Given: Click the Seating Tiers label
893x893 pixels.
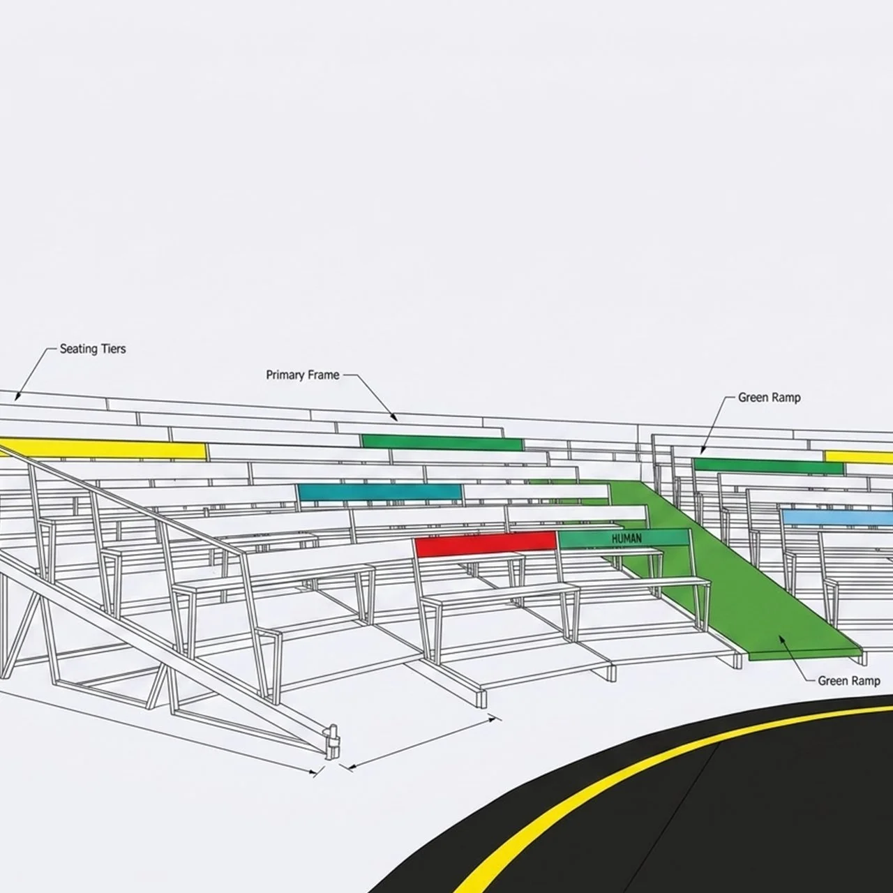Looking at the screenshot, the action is pyautogui.click(x=93, y=349).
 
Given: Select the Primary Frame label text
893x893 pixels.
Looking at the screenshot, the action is pyautogui.click(x=303, y=375).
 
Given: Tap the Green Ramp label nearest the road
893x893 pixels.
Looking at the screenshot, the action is pyautogui.click(x=849, y=681).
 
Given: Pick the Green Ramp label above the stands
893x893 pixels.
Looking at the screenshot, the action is pyautogui.click(x=770, y=398).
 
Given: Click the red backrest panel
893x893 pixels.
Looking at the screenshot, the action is pyautogui.click(x=486, y=544).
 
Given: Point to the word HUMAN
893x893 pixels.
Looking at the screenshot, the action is pyautogui.click(x=626, y=539).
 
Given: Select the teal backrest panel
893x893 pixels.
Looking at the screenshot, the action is pyautogui.click(x=380, y=492).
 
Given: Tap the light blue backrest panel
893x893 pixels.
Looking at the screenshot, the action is pyautogui.click(x=837, y=517).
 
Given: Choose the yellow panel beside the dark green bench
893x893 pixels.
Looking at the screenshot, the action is pyautogui.click(x=859, y=457).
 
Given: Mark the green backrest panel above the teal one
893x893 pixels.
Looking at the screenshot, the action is pyautogui.click(x=442, y=442).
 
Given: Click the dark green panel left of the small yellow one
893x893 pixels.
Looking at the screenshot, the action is pyautogui.click(x=768, y=466).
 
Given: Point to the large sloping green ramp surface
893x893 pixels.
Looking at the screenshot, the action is pyautogui.click(x=723, y=570).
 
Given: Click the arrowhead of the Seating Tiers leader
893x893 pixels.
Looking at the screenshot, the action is pyautogui.click(x=17, y=397).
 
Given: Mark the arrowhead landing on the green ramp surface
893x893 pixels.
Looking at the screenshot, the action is pyautogui.click(x=780, y=638).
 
